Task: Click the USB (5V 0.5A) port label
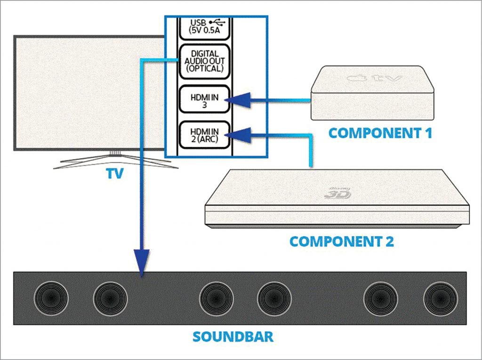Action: tap(203, 27)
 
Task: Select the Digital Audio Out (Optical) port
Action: tap(203, 61)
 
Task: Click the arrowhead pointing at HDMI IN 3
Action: tap(235, 99)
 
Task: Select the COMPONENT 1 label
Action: tap(380, 133)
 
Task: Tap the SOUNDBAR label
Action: tap(233, 337)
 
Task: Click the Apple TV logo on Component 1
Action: tap(375, 79)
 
